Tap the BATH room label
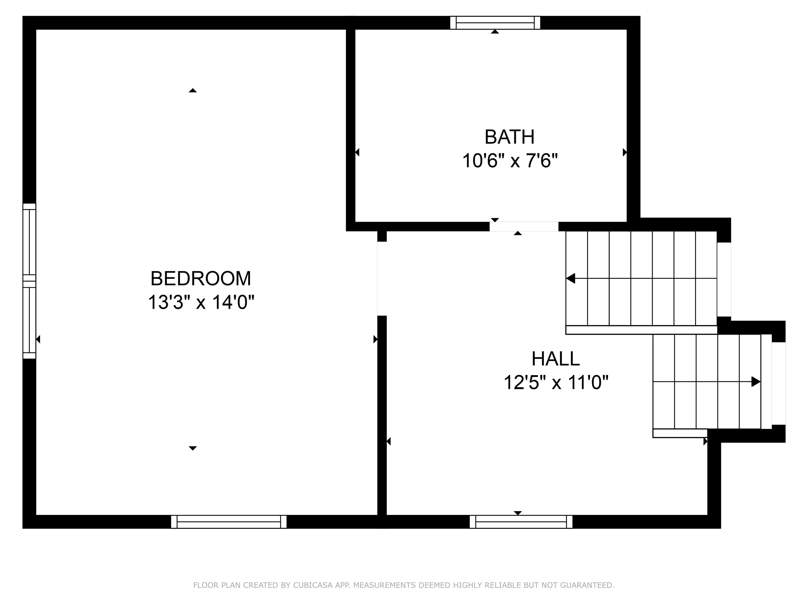click(509, 137)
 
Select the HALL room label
click(555, 359)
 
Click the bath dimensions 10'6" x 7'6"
click(510, 161)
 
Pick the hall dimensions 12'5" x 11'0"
click(555, 383)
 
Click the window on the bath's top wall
click(495, 23)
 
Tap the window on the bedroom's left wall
click(29, 281)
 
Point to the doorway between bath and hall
click(524, 226)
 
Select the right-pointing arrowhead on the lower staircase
click(755, 382)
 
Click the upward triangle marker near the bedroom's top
click(193, 90)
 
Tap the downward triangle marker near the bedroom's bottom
click(193, 448)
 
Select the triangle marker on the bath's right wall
click(625, 152)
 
